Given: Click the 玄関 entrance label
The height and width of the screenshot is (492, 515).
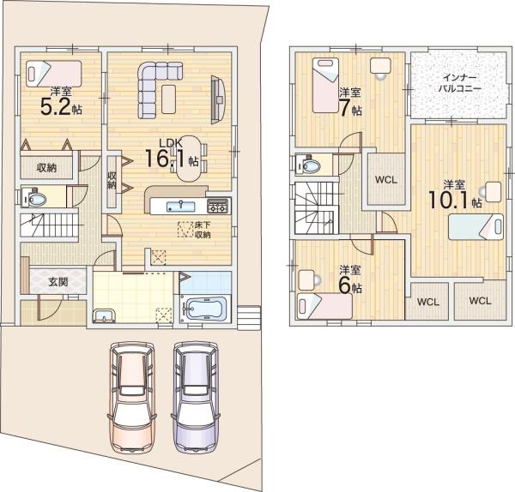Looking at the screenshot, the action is [58, 281].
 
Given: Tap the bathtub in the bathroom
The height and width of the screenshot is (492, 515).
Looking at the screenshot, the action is [206, 309].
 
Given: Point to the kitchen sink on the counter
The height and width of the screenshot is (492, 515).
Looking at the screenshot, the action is [180, 207].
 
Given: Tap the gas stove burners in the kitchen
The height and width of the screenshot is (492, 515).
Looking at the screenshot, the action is [217, 206].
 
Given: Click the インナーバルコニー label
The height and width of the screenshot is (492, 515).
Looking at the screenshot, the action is [460, 82].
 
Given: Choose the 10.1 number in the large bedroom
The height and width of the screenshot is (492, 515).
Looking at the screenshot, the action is [447, 199].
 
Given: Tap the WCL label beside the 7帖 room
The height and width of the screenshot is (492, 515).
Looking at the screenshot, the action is [386, 180].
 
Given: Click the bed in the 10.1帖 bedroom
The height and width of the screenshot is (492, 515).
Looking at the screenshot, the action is [476, 226].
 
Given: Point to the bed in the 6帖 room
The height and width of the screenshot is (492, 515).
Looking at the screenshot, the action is [324, 306].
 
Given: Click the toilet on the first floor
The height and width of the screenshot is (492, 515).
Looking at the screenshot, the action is [33, 197].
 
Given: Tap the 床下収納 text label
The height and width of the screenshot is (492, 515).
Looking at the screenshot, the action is [203, 230].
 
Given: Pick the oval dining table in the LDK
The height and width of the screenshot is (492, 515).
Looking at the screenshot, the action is [189, 159].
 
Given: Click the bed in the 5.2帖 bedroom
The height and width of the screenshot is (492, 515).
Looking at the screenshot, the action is [54, 74].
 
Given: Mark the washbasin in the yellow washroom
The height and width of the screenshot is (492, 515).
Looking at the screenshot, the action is [105, 315].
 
